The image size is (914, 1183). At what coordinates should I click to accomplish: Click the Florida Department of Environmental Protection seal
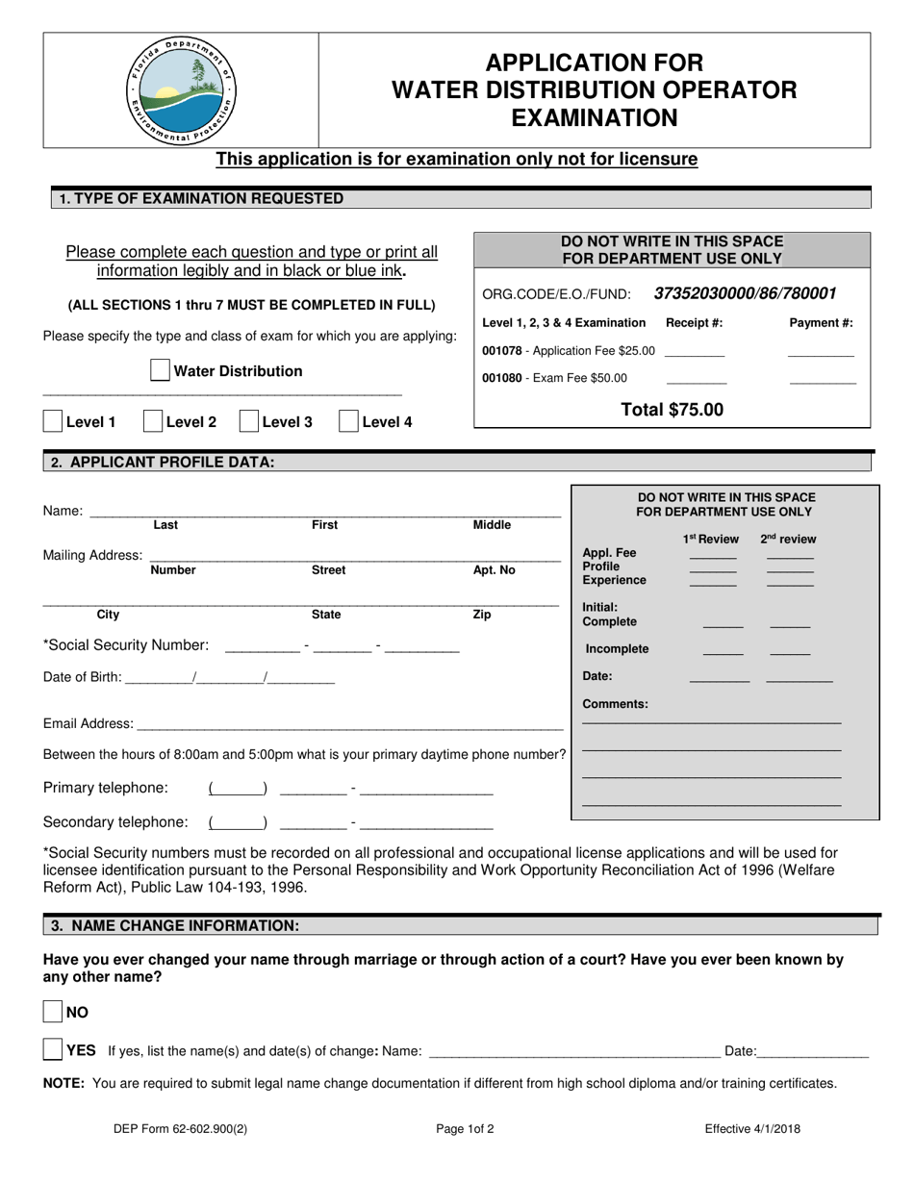pos(180,90)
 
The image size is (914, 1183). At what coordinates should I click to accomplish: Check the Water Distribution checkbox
pos(161,371)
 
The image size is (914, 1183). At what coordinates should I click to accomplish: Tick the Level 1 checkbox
pos(54,421)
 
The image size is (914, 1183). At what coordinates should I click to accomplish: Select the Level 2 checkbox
pos(153,421)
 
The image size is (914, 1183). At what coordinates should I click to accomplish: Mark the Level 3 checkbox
pos(248,421)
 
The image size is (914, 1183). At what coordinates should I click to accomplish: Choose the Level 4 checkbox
pos(349,421)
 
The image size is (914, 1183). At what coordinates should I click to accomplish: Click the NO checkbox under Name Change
pos(54,1012)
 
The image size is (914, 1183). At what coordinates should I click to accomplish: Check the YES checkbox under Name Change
pos(54,1050)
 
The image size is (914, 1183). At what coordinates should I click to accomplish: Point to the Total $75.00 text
pos(672,410)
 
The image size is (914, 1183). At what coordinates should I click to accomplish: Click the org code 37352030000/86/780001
pos(745,293)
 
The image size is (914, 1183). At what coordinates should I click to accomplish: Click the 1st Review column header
pos(711,540)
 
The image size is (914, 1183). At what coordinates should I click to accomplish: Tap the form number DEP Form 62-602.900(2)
pos(180,1129)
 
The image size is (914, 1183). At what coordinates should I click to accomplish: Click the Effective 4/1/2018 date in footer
pos(751,1129)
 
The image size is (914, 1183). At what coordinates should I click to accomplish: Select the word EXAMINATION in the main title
pos(594,118)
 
